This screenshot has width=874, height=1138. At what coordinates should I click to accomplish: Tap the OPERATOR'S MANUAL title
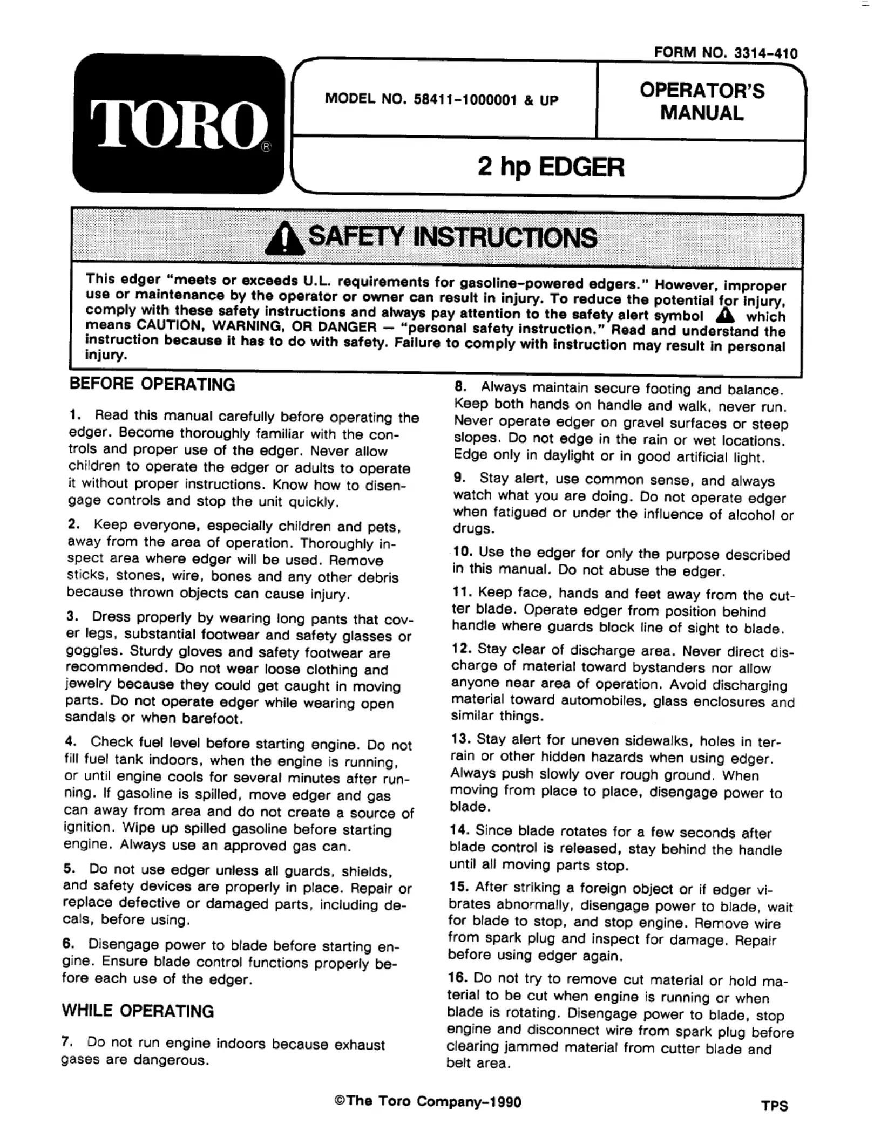click(702, 101)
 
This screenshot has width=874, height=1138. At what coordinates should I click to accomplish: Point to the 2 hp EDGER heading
click(551, 167)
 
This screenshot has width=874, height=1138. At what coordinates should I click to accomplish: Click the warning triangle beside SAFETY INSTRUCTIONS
click(286, 240)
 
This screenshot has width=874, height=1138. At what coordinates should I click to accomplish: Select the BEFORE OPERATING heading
click(152, 384)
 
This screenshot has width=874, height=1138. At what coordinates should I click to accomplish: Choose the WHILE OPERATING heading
click(138, 1011)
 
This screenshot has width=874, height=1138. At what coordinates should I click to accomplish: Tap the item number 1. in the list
click(75, 415)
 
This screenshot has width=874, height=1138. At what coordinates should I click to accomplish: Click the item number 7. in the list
click(67, 1042)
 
